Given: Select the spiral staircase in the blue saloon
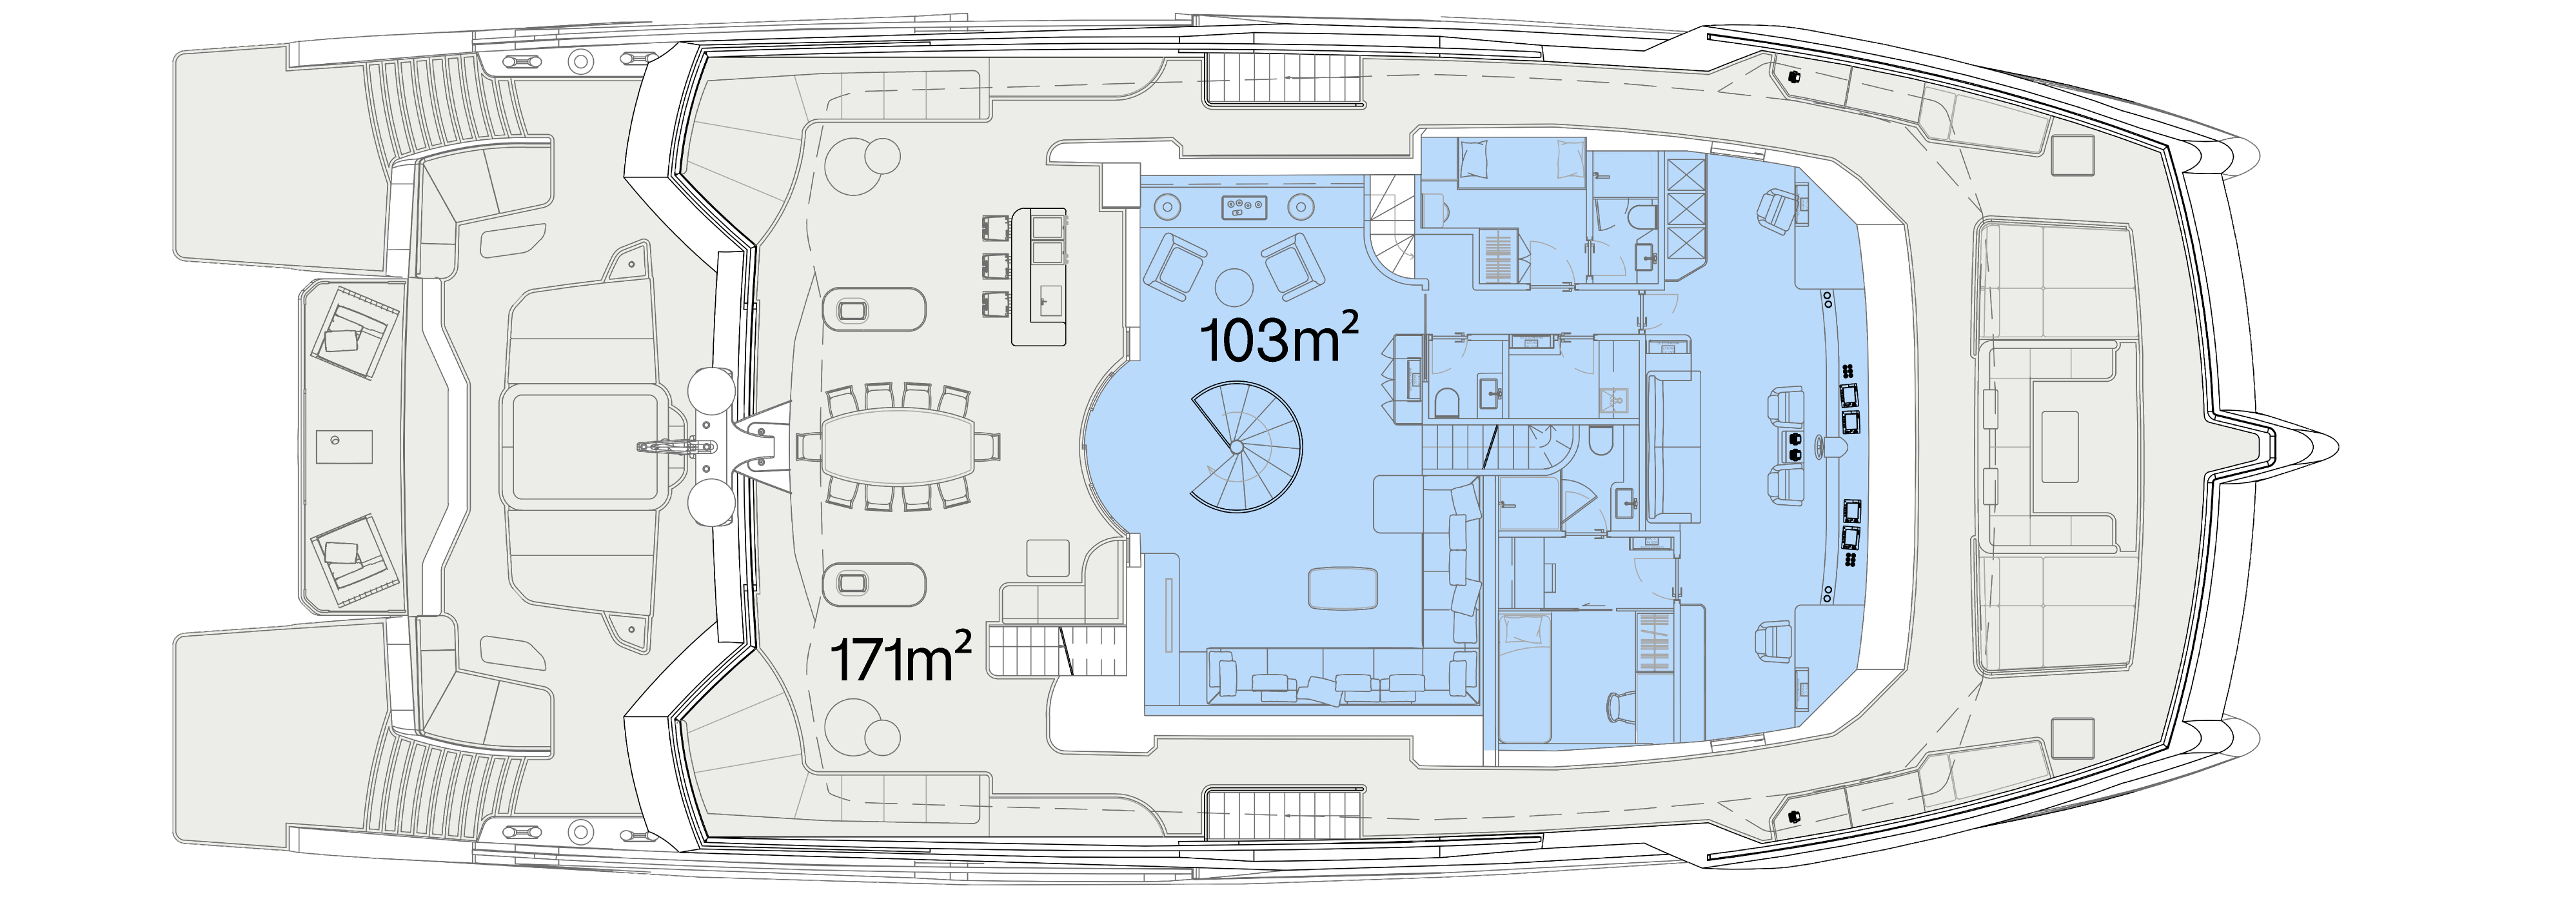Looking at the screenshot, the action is (1245, 447).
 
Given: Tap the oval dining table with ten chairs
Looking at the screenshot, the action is (899, 447).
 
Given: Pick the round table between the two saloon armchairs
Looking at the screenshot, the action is (1235, 286).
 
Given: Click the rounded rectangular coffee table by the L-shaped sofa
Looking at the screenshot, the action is (1343, 588).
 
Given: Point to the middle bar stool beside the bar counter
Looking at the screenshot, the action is (996, 266).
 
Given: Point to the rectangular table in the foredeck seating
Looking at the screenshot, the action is (2060, 447).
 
